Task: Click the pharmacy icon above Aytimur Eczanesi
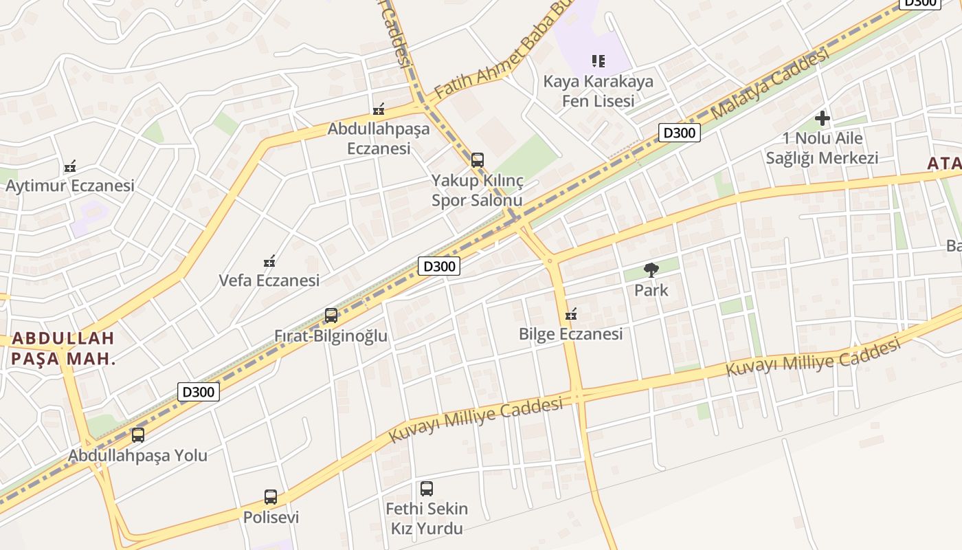click(x=70, y=166)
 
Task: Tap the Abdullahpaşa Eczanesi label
click(x=379, y=138)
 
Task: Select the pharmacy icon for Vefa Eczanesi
click(x=270, y=261)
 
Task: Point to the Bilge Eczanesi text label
click(x=570, y=334)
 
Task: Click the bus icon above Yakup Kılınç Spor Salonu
click(x=478, y=160)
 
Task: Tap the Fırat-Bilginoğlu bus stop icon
click(x=331, y=316)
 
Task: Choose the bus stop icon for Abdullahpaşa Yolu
click(x=138, y=434)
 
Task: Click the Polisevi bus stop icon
click(x=271, y=496)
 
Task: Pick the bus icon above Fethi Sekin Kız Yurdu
click(x=427, y=489)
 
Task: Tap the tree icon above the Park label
click(x=651, y=269)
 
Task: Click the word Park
click(x=651, y=290)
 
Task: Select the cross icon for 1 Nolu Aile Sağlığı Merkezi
click(x=823, y=118)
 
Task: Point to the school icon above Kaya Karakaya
click(x=599, y=61)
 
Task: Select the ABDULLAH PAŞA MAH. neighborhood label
click(x=63, y=348)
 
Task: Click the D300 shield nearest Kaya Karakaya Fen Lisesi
click(x=679, y=133)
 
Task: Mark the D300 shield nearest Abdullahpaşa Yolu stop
click(x=199, y=392)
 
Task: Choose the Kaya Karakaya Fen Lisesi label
click(x=599, y=91)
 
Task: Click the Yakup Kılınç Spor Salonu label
click(x=478, y=190)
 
